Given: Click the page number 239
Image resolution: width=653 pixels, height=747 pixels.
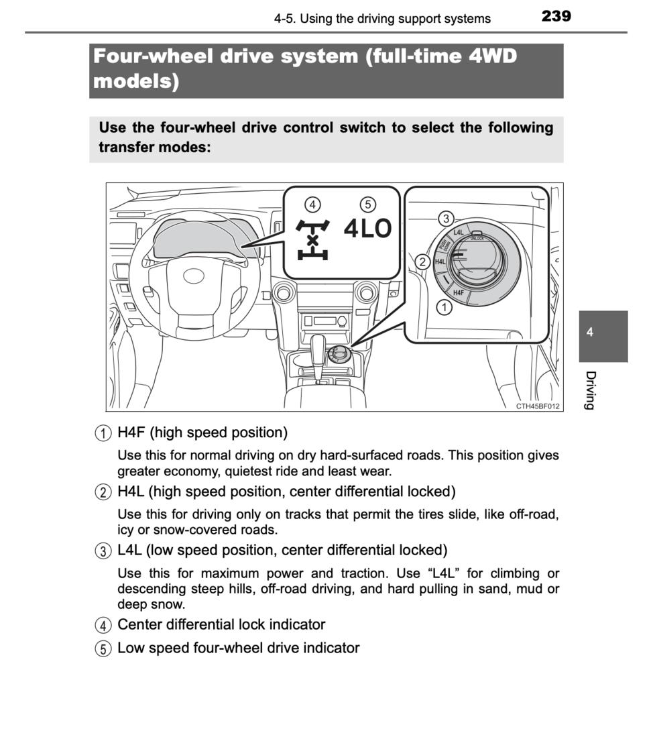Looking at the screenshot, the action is [556, 16].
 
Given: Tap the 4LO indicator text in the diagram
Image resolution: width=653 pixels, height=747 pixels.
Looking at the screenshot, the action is [367, 228].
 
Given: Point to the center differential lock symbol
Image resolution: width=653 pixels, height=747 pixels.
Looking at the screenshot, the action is [312, 239].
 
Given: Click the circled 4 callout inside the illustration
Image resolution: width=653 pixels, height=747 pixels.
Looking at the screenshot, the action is [312, 205].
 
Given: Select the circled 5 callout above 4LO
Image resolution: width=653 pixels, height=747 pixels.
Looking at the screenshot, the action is [367, 205].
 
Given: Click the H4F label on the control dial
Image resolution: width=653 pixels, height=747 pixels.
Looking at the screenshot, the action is [458, 292].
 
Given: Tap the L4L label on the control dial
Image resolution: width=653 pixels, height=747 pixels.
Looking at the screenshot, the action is [458, 233].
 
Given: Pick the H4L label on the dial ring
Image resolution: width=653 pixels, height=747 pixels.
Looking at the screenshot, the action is [440, 262].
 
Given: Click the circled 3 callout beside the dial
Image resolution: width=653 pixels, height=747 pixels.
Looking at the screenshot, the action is [446, 219].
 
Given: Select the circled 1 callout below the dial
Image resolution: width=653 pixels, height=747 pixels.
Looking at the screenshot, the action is [444, 307].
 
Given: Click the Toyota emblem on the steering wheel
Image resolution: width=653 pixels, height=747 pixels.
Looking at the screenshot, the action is [194, 276].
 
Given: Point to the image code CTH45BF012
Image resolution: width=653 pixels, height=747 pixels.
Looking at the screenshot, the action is [538, 406].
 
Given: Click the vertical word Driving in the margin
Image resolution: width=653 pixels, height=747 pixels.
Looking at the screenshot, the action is [590, 390].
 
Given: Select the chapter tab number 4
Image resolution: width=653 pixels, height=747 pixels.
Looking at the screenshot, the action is [590, 332].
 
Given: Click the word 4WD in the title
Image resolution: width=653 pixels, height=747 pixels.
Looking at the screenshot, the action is [493, 56].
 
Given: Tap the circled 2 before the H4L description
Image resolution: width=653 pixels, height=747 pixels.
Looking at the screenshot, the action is [103, 492].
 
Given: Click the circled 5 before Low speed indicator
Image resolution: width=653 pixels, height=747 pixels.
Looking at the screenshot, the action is [103, 648].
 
